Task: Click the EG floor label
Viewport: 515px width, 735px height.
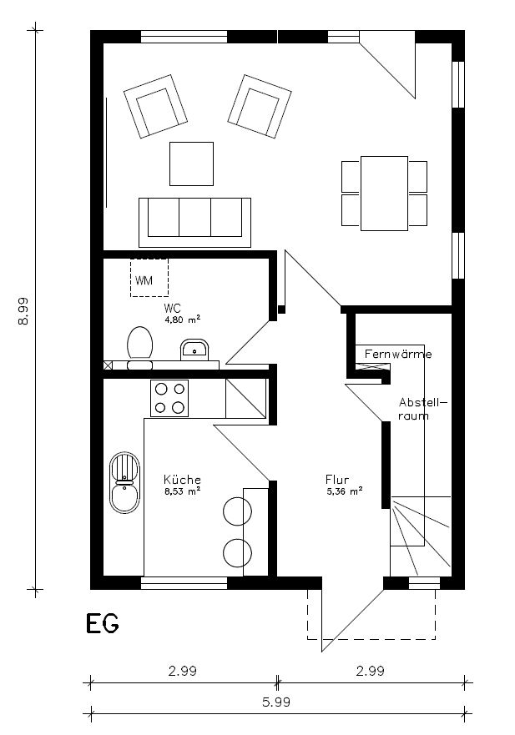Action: pos(102,623)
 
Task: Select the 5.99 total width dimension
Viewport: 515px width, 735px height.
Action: pos(276,702)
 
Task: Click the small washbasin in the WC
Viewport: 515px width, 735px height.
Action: pos(196,350)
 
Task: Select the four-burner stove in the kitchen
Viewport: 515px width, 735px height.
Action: pos(169,398)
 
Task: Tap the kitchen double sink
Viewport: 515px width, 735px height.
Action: pos(124,482)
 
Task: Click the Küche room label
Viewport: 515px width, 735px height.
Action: pos(181,480)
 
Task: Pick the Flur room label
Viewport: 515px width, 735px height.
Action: pos(336,480)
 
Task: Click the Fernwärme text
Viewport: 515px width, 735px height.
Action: pos(398,355)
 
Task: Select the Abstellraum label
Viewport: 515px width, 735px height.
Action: pos(422,408)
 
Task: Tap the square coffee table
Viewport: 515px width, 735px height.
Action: pos(191,164)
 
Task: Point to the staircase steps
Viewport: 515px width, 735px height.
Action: pos(421,534)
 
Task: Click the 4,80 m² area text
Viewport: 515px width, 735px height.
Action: pos(182,318)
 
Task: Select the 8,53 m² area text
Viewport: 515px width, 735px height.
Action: pos(181,491)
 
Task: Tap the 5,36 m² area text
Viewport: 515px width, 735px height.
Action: pos(344,491)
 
